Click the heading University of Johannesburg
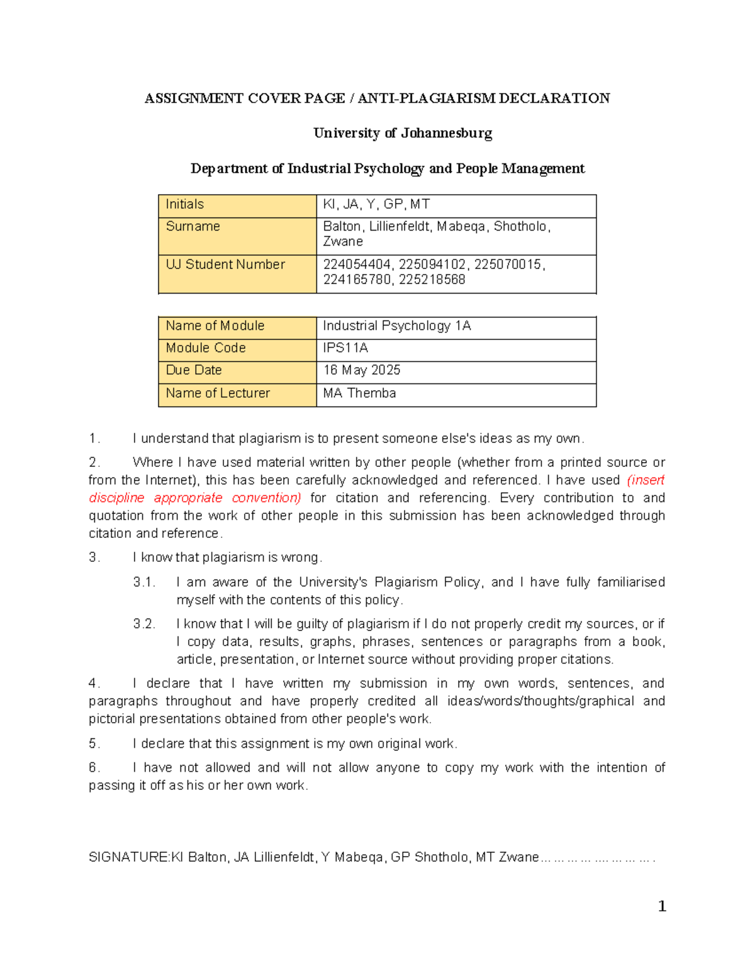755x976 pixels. pyautogui.click(x=403, y=133)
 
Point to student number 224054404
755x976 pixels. pyautogui.click(x=356, y=265)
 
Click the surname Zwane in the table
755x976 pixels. pyautogui.click(x=343, y=242)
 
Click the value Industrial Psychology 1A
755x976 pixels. pyautogui.click(x=396, y=326)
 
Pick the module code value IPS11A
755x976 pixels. pyautogui.click(x=345, y=348)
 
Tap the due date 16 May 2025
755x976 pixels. pyautogui.click(x=361, y=370)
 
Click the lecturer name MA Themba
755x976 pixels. pyautogui.click(x=359, y=393)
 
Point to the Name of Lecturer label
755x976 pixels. pyautogui.click(x=218, y=393)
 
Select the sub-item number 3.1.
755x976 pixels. pyautogui.click(x=143, y=583)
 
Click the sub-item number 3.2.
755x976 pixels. pyautogui.click(x=143, y=624)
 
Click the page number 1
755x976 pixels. pyautogui.click(x=662, y=906)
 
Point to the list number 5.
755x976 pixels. pyautogui.click(x=94, y=744)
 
